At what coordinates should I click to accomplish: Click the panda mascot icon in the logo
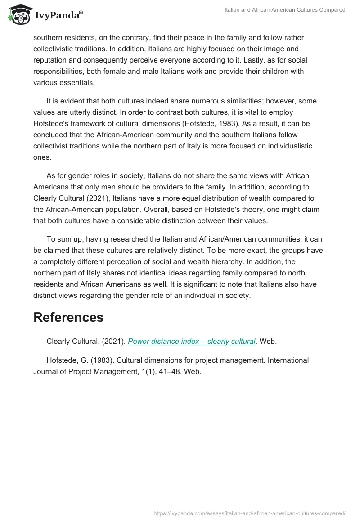18,14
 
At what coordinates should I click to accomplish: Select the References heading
68,317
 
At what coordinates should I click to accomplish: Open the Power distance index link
192,341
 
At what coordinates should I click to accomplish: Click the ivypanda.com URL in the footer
249,513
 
